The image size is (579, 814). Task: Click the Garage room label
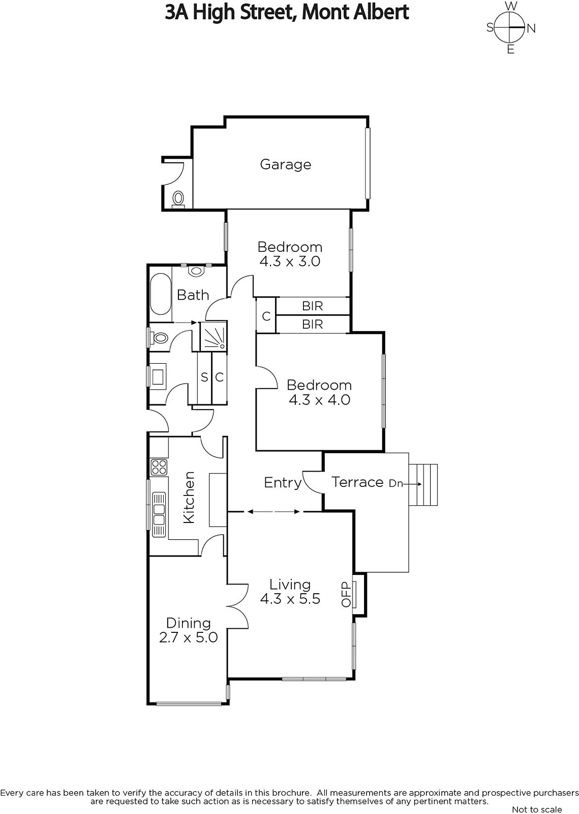tap(285, 165)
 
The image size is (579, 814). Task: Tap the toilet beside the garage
tap(178, 199)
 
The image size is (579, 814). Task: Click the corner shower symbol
tap(214, 335)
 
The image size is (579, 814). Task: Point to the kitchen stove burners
tap(159, 467)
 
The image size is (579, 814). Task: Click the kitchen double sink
tap(159, 514)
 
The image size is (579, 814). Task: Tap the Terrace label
tap(357, 482)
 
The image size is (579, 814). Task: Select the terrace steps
tap(423, 484)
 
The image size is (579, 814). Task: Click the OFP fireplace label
tap(346, 594)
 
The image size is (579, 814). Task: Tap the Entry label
tap(283, 483)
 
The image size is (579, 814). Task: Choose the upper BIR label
tap(312, 306)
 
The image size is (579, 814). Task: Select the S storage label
tap(204, 377)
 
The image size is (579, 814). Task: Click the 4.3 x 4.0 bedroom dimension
tap(319, 400)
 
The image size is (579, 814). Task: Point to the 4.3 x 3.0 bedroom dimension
tap(290, 261)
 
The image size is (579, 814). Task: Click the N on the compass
tap(531, 28)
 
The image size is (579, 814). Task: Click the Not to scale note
tap(537, 809)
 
